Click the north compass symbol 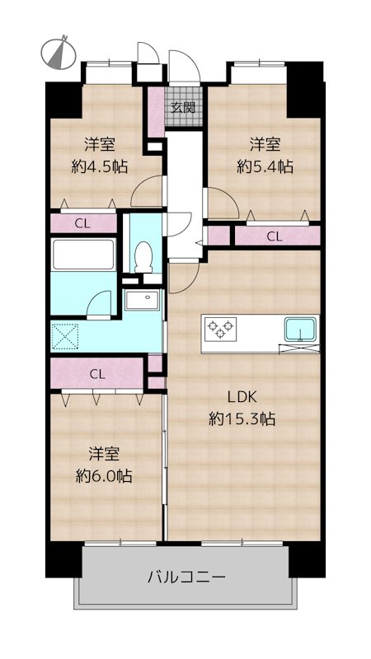click(59, 53)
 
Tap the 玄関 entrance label click(183, 107)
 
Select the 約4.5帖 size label click(100, 167)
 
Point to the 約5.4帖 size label click(265, 167)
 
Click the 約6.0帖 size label click(104, 476)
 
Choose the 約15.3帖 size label click(242, 418)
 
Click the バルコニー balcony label click(187, 576)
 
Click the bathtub click(83, 255)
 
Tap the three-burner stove click(220, 329)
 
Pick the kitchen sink click(300, 329)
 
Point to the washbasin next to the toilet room click(143, 300)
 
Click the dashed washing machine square click(65, 335)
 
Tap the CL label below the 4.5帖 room click(83, 224)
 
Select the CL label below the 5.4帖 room click(275, 237)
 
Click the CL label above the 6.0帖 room click(97, 374)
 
